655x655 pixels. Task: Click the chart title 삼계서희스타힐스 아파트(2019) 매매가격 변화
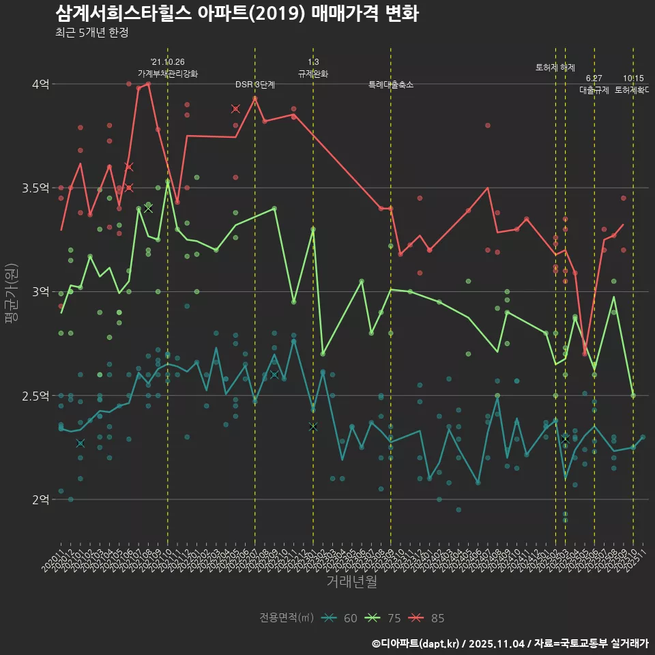point(236,13)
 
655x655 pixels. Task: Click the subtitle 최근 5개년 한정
point(91,32)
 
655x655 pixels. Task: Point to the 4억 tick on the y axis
point(40,84)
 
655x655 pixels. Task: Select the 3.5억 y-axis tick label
point(35,188)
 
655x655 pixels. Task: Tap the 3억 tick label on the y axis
point(40,291)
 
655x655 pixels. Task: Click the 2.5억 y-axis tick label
point(35,396)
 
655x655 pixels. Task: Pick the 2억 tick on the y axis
point(40,499)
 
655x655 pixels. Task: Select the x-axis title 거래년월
point(351,581)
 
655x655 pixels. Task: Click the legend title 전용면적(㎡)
point(286,618)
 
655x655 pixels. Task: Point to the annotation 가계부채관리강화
point(168,73)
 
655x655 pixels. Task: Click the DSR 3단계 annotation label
point(255,85)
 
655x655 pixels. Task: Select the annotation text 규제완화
point(313,73)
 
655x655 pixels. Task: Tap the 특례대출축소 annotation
point(391,85)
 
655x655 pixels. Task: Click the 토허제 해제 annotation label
point(555,67)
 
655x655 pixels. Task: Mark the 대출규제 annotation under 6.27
point(594,89)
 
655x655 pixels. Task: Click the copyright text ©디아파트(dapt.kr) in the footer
point(417,643)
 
